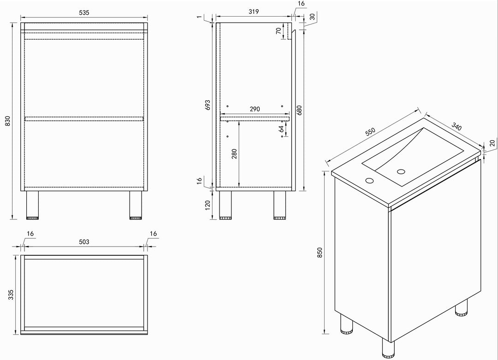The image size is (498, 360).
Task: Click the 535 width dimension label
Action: pos(84,13)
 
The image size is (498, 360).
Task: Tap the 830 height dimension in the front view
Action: pos(8,121)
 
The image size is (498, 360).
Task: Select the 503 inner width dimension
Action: pos(84,242)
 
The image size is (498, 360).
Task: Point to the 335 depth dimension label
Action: pos(11,295)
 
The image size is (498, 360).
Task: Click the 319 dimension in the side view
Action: pos(254,12)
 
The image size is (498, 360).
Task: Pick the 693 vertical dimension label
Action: pos(207,105)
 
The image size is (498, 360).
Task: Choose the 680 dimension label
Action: pos(299,110)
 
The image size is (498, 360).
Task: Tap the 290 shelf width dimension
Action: pos(255,109)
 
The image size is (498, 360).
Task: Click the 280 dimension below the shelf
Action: pos(234,154)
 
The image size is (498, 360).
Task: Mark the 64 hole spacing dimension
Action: pos(281,129)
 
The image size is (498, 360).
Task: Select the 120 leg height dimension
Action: pos(207,205)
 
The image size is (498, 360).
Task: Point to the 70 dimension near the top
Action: pos(279,31)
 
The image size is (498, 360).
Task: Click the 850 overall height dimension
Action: pos(320,253)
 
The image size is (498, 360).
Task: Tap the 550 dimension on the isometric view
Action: pos(370,132)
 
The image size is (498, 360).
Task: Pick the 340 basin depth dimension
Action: pos(456,126)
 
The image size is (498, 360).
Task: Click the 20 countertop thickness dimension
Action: pos(492,143)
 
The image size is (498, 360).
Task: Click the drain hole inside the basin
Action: pos(401,172)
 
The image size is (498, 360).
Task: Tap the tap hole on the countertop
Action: pos(369,180)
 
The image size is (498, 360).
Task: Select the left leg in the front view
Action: pos(32,205)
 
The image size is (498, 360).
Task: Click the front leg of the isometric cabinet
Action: pos(388,348)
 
